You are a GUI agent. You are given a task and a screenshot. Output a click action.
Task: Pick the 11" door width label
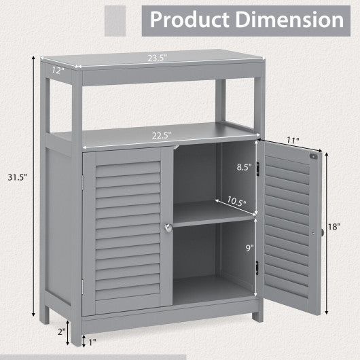click(x=293, y=141)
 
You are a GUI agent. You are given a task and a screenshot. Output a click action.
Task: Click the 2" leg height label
click(x=61, y=332)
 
